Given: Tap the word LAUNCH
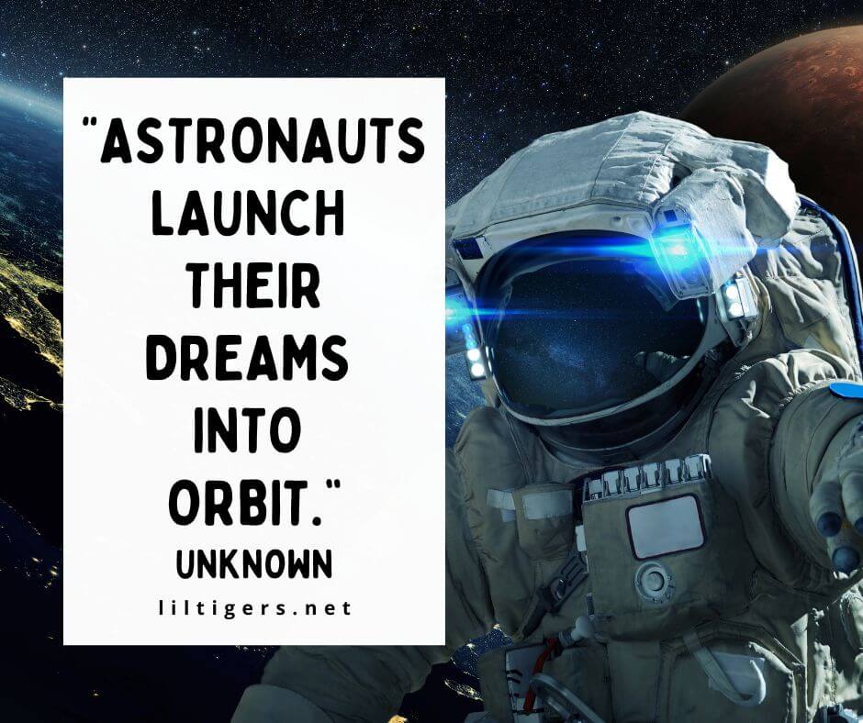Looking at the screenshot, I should [x=247, y=215].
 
